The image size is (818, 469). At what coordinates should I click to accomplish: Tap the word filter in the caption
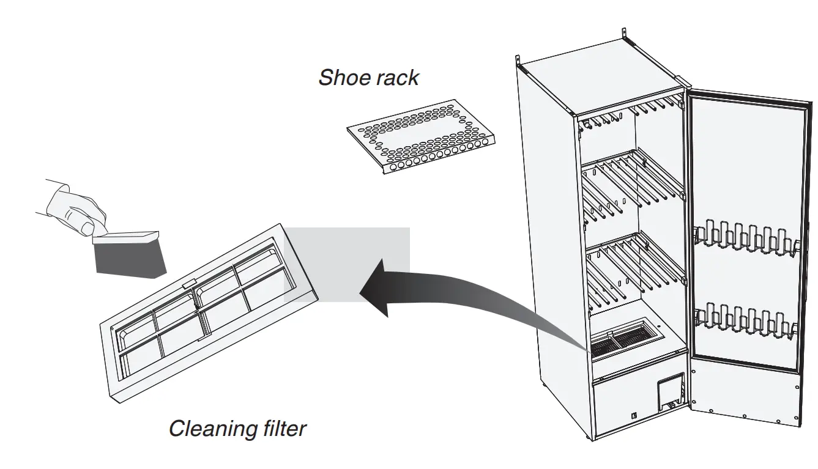[x=281, y=428]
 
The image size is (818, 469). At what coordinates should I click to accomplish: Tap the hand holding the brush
[x=73, y=208]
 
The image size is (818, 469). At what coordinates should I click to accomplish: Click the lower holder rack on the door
[x=746, y=318]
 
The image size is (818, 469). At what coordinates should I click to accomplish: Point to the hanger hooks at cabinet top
[x=630, y=110]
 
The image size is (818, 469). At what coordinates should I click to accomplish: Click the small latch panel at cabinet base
[x=670, y=391]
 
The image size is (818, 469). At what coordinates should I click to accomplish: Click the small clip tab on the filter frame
[x=190, y=284]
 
